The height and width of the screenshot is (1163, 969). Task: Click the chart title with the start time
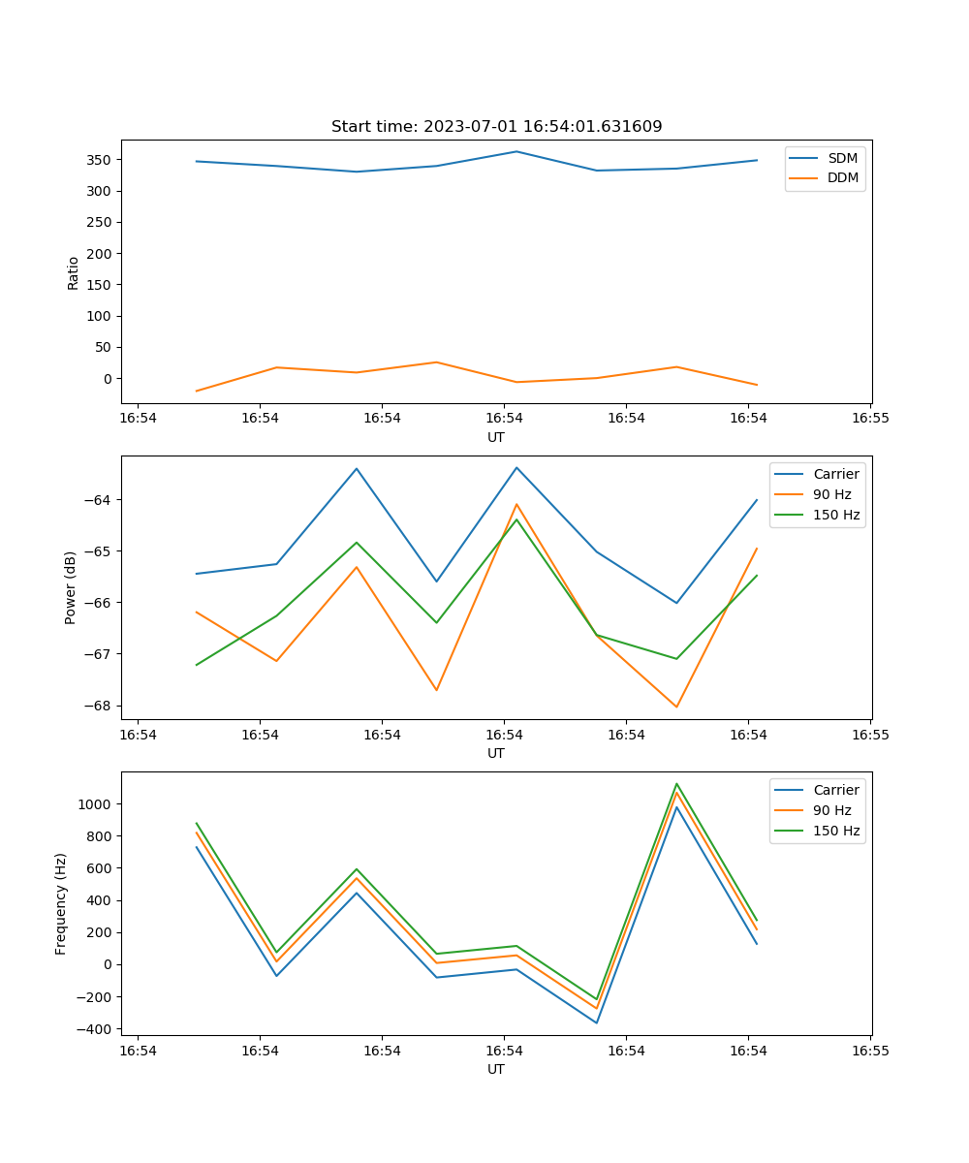[x=496, y=127]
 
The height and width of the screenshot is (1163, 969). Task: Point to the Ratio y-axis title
[x=73, y=272]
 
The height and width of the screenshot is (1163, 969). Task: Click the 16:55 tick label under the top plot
[x=869, y=418]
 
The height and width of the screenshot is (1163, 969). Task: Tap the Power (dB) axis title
[x=71, y=587]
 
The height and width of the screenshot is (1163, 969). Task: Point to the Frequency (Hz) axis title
[x=61, y=903]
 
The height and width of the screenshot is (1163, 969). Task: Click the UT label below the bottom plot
[x=496, y=1069]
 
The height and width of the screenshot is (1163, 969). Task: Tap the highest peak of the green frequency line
[x=676, y=784]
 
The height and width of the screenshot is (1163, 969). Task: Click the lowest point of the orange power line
[x=676, y=707]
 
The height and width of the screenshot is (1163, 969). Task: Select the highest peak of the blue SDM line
[x=516, y=151]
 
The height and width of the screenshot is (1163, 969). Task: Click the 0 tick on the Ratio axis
[x=109, y=379]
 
